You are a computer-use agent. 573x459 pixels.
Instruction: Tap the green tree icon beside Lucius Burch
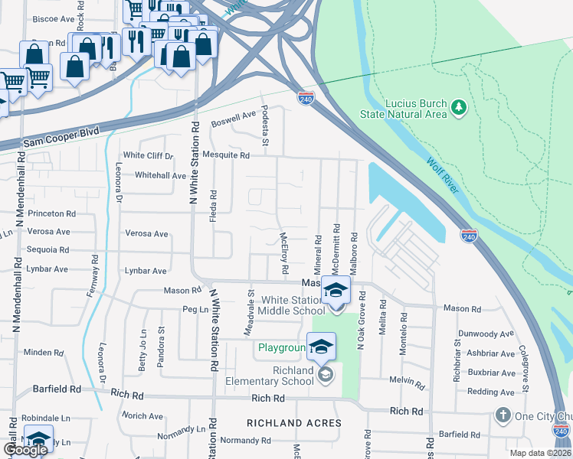(x=459, y=106)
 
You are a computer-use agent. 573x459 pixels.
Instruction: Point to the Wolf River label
(x=440, y=174)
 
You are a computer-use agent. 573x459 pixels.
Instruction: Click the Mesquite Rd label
(x=232, y=155)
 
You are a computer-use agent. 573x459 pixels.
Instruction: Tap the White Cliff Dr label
(x=149, y=155)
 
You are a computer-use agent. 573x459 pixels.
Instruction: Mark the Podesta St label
(x=266, y=125)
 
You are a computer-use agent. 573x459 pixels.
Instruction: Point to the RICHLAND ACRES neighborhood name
(x=294, y=423)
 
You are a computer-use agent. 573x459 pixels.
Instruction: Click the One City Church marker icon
(x=503, y=415)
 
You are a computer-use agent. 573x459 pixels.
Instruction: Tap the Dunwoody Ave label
(x=486, y=334)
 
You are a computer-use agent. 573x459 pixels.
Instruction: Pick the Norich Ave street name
(x=143, y=416)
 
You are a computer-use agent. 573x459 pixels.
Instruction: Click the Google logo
(x=25, y=449)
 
